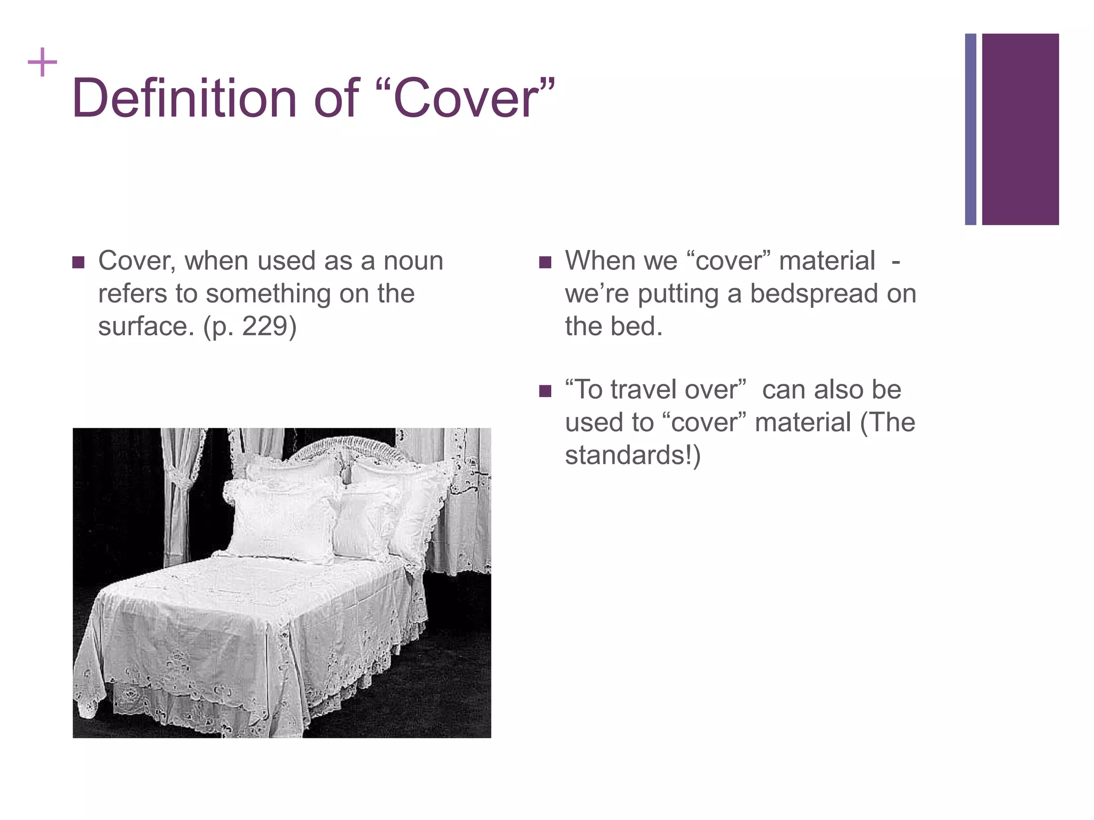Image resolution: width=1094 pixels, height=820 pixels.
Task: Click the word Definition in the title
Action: [184, 99]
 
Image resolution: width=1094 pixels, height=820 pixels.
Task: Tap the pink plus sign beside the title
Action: [42, 63]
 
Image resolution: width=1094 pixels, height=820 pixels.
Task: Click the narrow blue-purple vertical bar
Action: [970, 129]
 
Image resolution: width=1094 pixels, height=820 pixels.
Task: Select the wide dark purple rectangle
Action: [1020, 129]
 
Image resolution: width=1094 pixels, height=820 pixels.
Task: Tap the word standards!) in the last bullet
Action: [632, 455]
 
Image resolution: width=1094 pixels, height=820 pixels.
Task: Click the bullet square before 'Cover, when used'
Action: [79, 262]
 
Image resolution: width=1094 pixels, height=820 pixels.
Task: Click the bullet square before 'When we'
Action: [545, 262]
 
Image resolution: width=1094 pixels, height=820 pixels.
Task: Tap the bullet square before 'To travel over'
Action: [545, 391]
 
